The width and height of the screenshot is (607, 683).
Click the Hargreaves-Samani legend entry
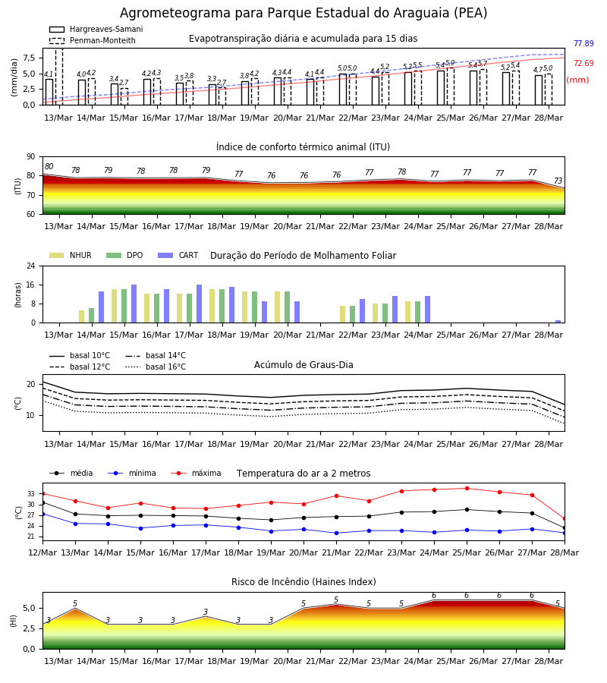pyautogui.click(x=96, y=29)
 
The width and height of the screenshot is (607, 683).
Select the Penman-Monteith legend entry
pyautogui.click(x=93, y=40)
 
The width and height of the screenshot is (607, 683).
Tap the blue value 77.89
pyautogui.click(x=583, y=43)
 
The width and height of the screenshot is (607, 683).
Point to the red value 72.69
pyautogui.click(x=583, y=63)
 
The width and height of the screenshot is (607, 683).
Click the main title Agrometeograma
pyautogui.click(x=303, y=13)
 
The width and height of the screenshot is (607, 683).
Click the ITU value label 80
pyautogui.click(x=49, y=166)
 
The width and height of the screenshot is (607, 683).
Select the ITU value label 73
pyautogui.click(x=558, y=181)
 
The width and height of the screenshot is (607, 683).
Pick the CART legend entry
pyautogui.click(x=178, y=255)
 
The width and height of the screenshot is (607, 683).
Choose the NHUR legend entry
pyautogui.click(x=71, y=255)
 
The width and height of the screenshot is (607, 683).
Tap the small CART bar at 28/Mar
pyautogui.click(x=558, y=322)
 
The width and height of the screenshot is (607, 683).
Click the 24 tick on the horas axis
pyautogui.click(x=31, y=266)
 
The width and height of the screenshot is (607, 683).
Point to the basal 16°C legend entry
pyautogui.click(x=156, y=367)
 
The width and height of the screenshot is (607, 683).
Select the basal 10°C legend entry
pyautogui.click(x=80, y=355)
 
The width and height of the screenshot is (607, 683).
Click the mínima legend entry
pyautogui.click(x=132, y=473)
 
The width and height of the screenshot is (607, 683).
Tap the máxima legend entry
pyautogui.click(x=196, y=473)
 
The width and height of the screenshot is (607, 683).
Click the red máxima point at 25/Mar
pyautogui.click(x=467, y=488)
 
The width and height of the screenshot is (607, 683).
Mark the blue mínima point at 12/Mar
pyautogui.click(x=42, y=514)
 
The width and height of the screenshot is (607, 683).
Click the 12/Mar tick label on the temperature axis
pyautogui.click(x=42, y=552)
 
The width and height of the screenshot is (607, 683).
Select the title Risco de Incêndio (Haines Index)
pyautogui.click(x=303, y=581)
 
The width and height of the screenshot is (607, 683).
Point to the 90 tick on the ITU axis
pyautogui.click(x=31, y=157)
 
